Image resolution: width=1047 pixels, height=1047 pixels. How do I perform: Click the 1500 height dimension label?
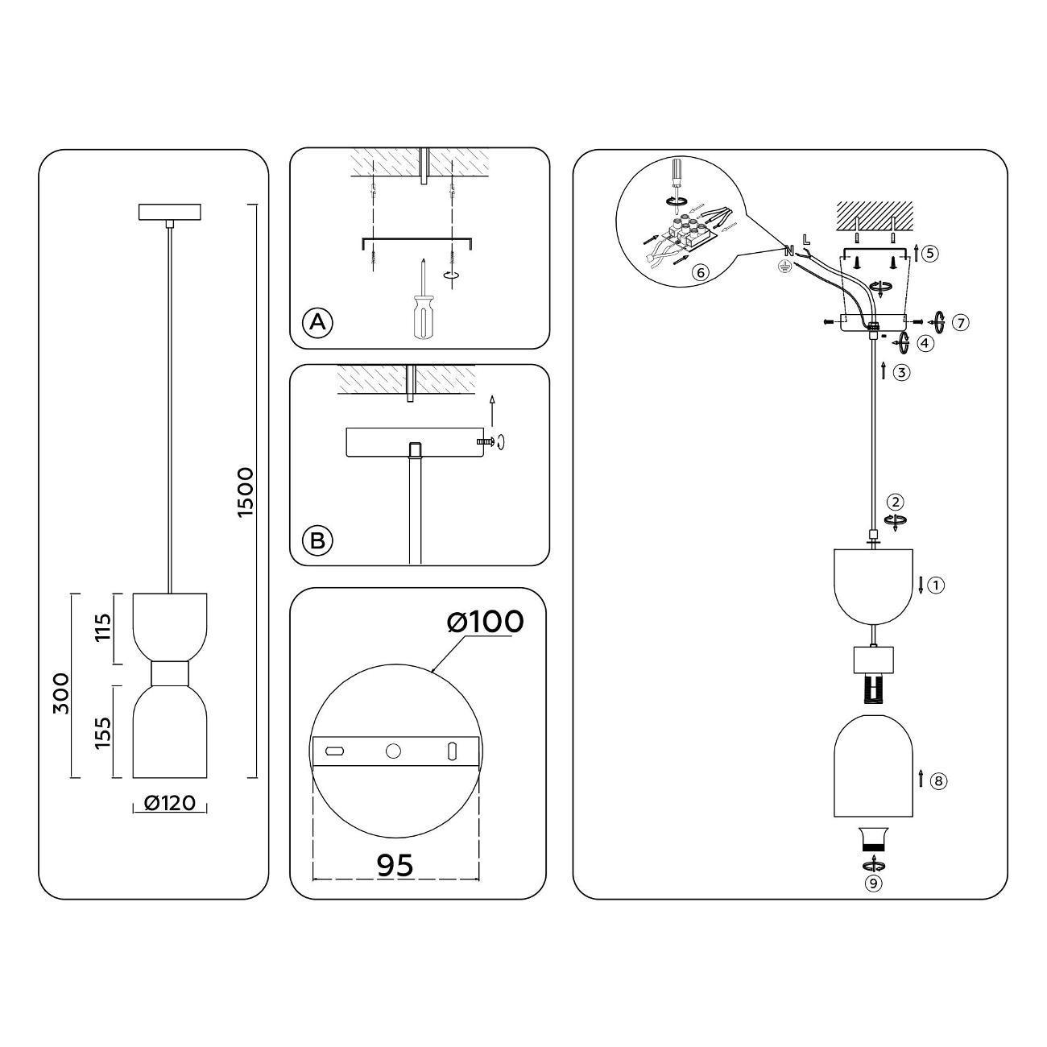coord(246,492)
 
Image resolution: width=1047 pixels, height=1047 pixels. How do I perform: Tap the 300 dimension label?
coord(61,693)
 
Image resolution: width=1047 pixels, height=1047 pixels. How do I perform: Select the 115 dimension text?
coord(103,627)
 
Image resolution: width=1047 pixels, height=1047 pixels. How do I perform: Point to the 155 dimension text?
coord(103,733)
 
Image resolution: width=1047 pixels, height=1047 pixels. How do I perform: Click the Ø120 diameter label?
coord(170,803)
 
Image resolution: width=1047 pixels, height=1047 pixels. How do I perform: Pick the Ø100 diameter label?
coord(485,621)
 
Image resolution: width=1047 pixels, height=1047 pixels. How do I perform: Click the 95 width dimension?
coord(395,864)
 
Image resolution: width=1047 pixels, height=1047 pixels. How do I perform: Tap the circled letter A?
coord(317,322)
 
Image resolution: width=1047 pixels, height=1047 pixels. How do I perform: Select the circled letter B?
coord(317,540)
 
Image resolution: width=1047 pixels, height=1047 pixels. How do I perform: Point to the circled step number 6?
coord(701,271)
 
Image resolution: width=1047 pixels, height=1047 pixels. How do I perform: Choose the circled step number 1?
coord(937,586)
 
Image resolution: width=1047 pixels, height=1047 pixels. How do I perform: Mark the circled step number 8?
coord(938,780)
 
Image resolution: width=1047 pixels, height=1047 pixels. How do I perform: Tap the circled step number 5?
coord(931,253)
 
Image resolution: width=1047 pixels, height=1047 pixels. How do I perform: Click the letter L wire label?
coord(806,238)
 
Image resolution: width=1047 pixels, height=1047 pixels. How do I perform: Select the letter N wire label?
coord(789,250)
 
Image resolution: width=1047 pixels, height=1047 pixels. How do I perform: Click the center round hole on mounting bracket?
coord(393,751)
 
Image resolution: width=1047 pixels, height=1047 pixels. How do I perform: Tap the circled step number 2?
coord(896,501)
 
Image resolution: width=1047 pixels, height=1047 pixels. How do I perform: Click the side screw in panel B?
coord(486,441)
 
